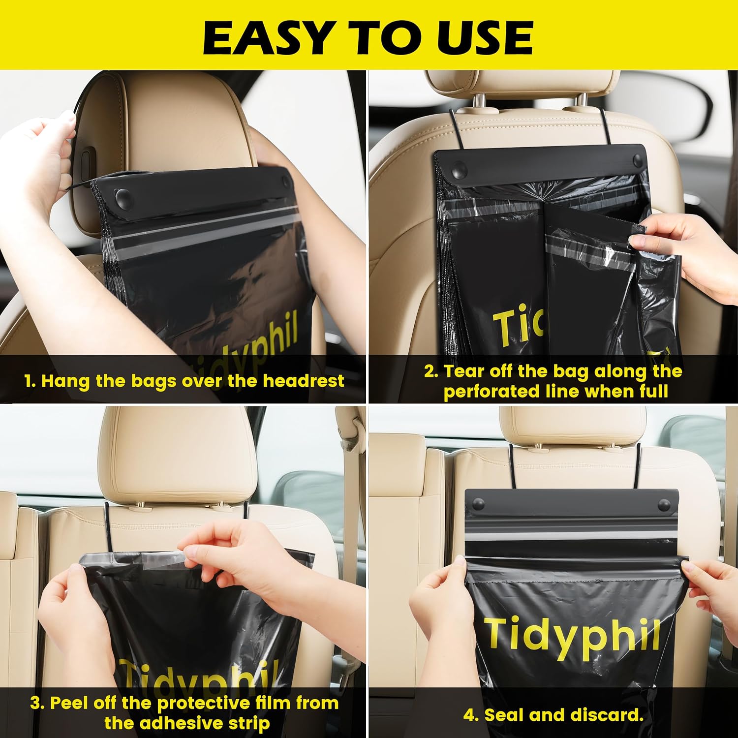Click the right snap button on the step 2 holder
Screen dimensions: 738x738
(x=638, y=161)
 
